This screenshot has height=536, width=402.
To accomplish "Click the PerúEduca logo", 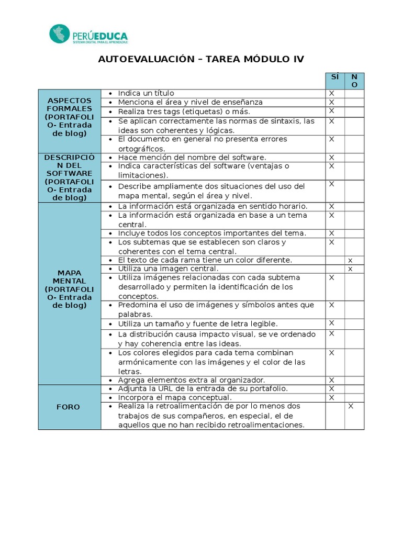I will point(88,34).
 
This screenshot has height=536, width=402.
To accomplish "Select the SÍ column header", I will point(334,77).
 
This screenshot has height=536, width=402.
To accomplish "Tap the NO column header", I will point(354,81).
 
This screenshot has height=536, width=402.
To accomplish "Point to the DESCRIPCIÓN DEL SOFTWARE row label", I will point(70,177).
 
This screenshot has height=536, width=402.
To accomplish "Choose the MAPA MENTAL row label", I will point(70,289).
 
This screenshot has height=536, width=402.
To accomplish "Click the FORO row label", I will point(70,407).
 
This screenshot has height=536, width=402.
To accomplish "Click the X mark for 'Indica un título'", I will point(331,93).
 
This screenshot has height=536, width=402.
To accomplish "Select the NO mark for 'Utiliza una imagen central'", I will point(351,269).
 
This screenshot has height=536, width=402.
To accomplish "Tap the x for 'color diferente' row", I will point(351,260).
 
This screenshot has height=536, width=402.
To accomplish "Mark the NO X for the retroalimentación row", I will point(351,406).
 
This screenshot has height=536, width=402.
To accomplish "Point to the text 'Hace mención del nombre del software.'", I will point(192,157).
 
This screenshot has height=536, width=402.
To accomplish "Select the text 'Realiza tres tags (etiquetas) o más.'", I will point(184,111).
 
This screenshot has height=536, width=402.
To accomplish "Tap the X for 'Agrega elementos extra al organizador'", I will point(331,380).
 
